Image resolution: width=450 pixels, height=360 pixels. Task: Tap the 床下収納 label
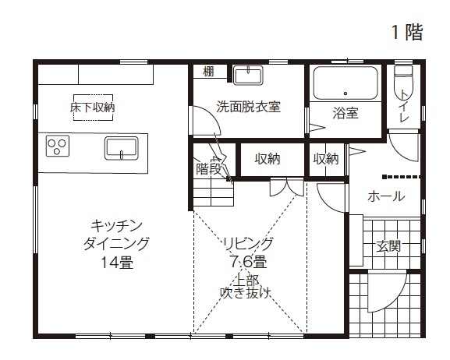[x=92, y=108]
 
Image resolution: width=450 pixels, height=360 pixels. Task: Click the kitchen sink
[x=121, y=147]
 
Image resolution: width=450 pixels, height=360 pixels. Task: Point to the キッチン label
[x=116, y=226]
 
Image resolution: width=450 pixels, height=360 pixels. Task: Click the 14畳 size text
[x=116, y=262]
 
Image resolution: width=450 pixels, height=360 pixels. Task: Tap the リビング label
[x=247, y=242]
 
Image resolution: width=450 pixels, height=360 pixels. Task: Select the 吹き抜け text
[x=246, y=293]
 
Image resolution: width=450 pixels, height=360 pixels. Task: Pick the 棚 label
[x=208, y=72]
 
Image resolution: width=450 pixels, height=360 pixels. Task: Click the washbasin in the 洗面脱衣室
[x=248, y=76]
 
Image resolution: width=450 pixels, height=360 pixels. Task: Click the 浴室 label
[x=345, y=113]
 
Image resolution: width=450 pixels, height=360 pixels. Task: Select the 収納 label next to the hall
[x=326, y=158]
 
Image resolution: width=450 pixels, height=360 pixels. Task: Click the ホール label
[x=385, y=196]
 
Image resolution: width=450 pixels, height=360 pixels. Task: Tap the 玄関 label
[x=388, y=246]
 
